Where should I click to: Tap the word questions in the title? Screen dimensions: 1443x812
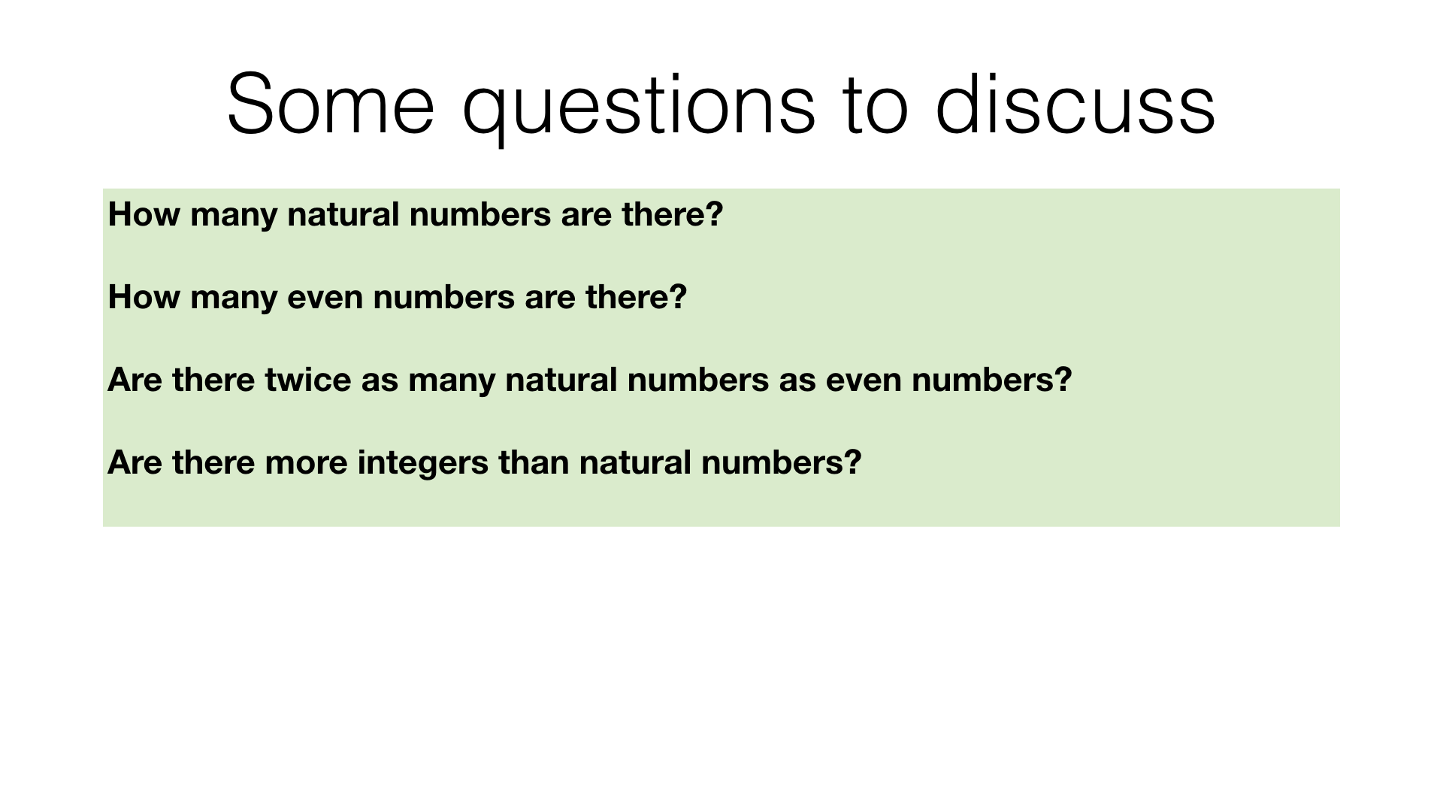639,109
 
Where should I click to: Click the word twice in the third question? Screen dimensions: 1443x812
308,380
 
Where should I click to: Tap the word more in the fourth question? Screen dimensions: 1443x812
306,462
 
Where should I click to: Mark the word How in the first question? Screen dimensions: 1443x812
144,214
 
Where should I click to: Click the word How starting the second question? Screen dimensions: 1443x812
144,297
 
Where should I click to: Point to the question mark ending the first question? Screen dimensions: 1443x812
715,214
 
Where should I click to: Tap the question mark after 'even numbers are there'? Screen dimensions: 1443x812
679,297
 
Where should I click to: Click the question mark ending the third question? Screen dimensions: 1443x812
1063,380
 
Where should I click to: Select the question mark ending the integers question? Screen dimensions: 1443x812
853,462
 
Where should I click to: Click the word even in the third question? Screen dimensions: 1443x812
864,380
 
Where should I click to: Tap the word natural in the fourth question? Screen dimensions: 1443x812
635,462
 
